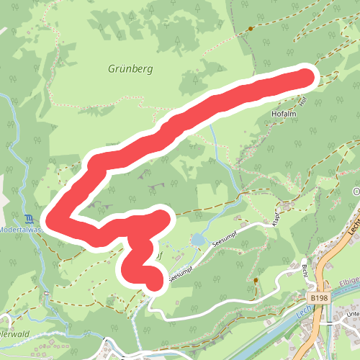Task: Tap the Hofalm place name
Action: [286, 114]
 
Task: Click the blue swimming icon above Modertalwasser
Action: [27, 218]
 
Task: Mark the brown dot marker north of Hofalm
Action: [250, 29]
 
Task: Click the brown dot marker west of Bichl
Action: [255, 279]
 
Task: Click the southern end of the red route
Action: [155, 279]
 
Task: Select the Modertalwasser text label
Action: [22, 229]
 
